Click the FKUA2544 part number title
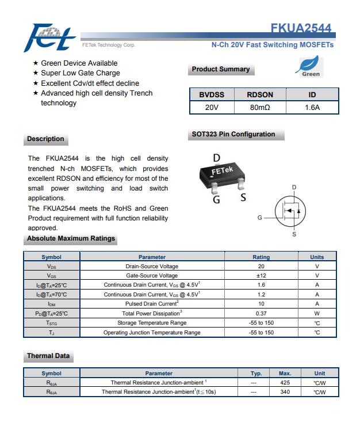point(301,28)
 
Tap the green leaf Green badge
point(311,67)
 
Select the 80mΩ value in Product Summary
point(260,107)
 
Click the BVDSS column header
point(212,94)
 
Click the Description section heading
point(45,139)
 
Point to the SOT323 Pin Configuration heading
point(233,134)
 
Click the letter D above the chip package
point(217,158)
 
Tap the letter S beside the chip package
point(243,197)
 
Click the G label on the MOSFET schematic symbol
point(260,218)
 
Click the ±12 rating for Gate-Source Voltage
point(261,276)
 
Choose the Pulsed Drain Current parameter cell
point(152,303)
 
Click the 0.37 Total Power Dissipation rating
point(261,313)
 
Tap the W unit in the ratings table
point(317,313)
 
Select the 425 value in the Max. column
point(285,382)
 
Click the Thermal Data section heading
point(48,356)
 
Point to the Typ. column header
point(256,373)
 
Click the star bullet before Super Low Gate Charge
point(36,73)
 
